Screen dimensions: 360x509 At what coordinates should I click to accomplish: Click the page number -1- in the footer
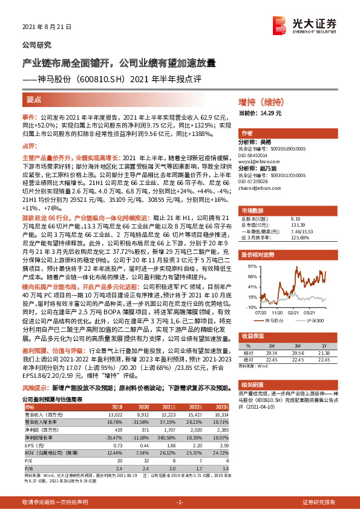(x=179, y=502)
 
